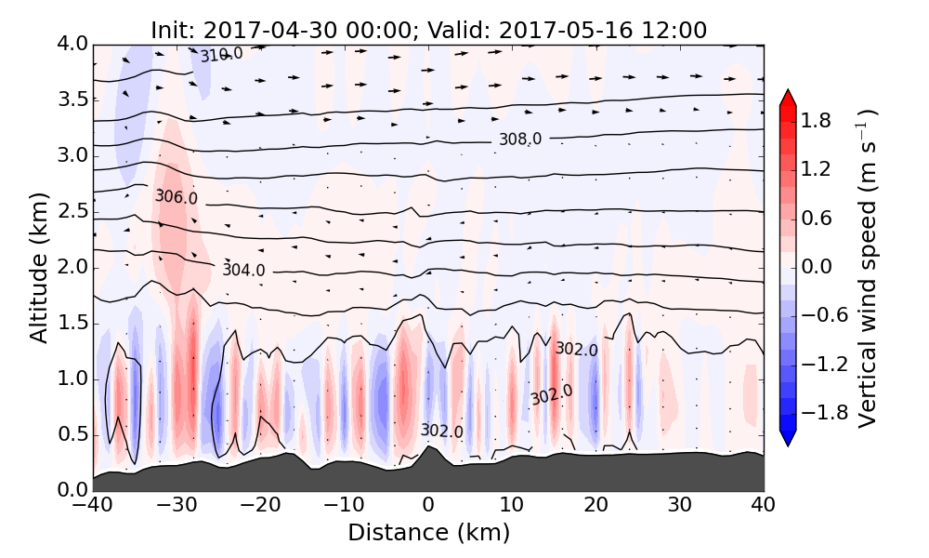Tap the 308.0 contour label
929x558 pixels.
pos(519,139)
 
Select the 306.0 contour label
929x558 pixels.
pos(176,197)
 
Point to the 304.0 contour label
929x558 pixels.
pos(243,270)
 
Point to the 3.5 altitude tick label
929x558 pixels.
pos(71,100)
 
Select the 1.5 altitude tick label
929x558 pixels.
pos(71,323)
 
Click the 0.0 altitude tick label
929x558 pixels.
pos(71,490)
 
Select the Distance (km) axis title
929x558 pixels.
pos(428,533)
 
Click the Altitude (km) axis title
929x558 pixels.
pos(38,268)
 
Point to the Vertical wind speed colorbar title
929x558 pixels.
pos(867,268)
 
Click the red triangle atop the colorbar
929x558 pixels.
pos(788,98)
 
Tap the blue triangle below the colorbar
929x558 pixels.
pos(788,438)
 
